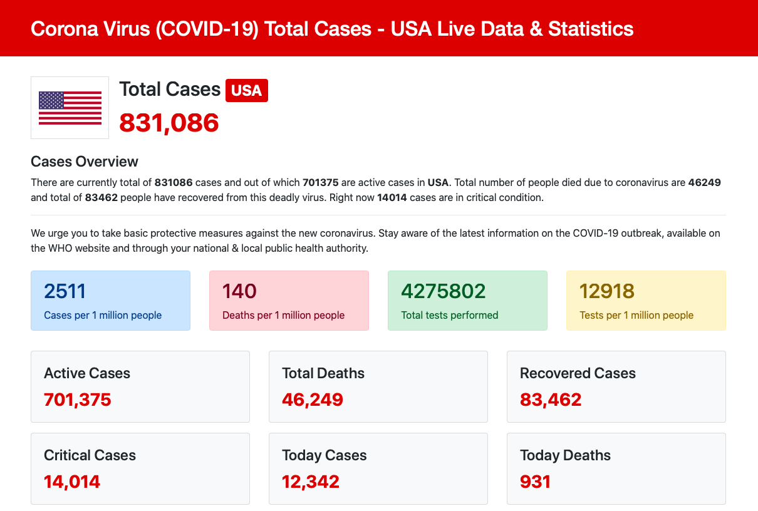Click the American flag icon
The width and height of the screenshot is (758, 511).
(x=70, y=108)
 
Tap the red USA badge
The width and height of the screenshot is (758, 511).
(x=247, y=90)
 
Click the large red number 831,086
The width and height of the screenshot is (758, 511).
(x=169, y=122)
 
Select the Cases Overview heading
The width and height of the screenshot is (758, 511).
(x=85, y=162)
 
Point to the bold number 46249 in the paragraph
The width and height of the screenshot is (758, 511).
(x=705, y=183)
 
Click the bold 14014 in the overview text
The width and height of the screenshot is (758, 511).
(x=392, y=197)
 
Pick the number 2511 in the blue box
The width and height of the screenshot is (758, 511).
(x=65, y=291)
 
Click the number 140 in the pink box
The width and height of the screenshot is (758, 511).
(x=239, y=291)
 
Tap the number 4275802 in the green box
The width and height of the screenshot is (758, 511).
(x=444, y=291)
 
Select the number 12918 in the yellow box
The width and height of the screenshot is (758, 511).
(x=607, y=291)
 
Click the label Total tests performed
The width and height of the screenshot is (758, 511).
(x=450, y=315)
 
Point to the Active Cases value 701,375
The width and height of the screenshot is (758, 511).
(x=78, y=400)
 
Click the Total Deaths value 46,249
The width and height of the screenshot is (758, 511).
(x=313, y=400)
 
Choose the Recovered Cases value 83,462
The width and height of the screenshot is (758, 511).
(x=551, y=400)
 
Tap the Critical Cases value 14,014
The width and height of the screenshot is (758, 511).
(x=72, y=482)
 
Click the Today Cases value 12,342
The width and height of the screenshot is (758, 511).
(x=311, y=482)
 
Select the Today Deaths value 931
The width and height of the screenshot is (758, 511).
(x=536, y=482)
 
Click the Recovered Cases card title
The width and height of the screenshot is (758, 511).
(x=578, y=373)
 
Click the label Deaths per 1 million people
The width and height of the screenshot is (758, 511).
(x=284, y=315)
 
